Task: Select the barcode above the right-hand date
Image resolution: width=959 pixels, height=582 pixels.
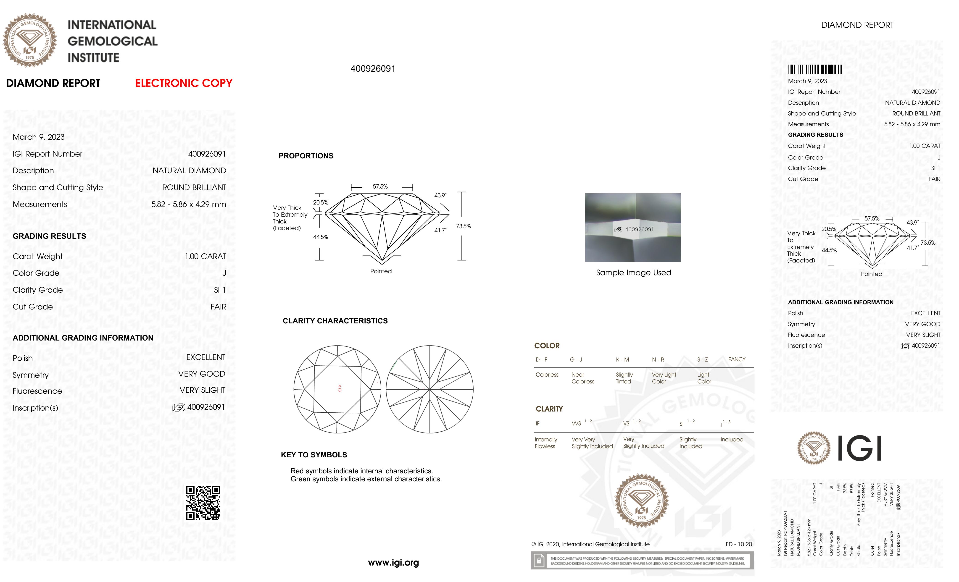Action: (815, 70)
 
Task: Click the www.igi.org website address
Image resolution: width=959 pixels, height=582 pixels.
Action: (393, 563)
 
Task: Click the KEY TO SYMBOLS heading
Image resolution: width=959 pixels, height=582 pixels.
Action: (314, 455)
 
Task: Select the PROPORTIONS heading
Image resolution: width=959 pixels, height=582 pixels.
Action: (306, 156)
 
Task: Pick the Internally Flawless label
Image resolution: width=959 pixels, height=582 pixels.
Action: (546, 443)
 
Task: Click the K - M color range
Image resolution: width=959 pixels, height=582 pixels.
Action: (622, 359)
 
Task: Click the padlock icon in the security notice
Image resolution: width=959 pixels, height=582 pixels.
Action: (539, 561)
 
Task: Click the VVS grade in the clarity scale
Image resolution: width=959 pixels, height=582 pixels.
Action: (576, 424)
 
